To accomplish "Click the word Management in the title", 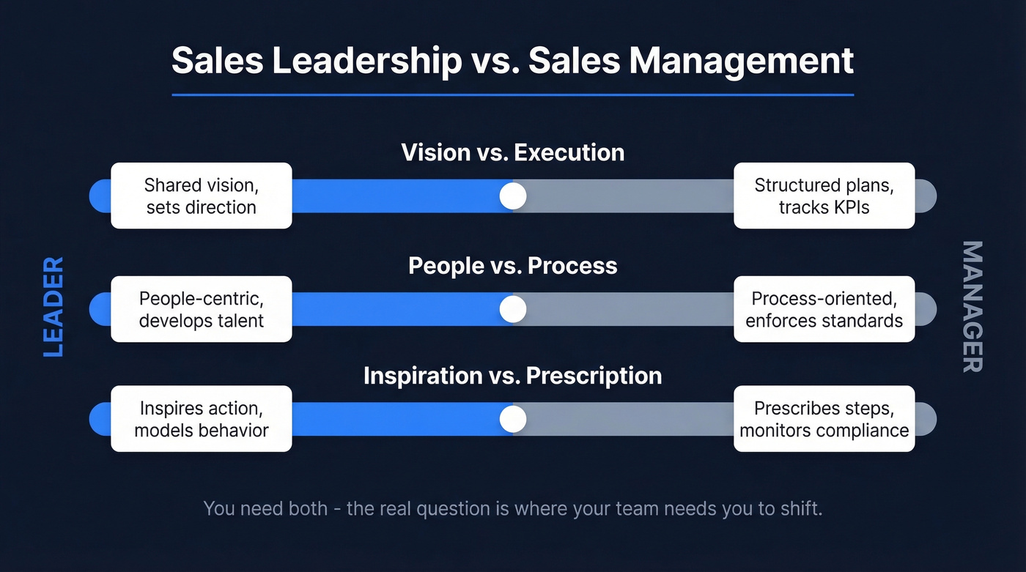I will coord(741,61).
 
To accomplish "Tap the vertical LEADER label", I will coord(53,307).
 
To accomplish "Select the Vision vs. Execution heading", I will coord(513,152).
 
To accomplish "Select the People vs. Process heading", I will coord(513,265).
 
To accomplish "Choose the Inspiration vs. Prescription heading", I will coord(513,376).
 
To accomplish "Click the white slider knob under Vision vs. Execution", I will coord(513,196).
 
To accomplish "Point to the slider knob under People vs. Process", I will coord(513,309).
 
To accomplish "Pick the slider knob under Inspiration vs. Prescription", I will coord(513,419).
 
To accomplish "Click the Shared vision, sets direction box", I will coord(202,196).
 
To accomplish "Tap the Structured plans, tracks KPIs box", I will coord(824,196).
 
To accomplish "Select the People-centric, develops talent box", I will coord(202,309).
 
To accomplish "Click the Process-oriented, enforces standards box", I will coord(824,309).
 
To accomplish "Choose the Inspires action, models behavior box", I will coord(202,419).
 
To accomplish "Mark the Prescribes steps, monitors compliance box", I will coord(824,419).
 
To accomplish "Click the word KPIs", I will coord(849,207).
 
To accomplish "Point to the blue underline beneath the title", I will coord(513,94).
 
